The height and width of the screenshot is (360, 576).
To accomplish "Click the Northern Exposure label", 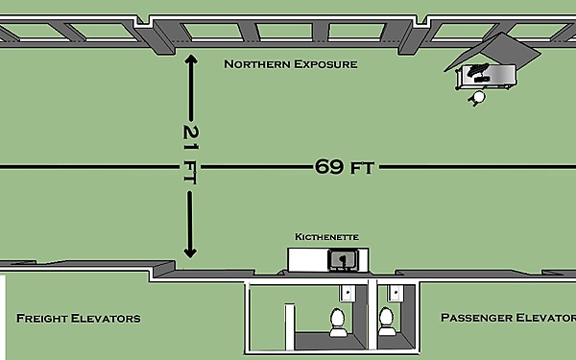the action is tap(291, 64).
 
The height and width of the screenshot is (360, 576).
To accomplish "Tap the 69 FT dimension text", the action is tap(345, 167).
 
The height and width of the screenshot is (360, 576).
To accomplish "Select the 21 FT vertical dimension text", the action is tap(190, 154).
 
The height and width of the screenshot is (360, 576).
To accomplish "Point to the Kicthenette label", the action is tap(326, 237).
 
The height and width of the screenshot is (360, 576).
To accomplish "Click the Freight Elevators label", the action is tap(79, 318).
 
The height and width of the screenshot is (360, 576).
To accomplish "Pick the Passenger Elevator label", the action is tap(508, 318).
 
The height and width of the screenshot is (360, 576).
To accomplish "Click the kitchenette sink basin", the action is tap(343, 260).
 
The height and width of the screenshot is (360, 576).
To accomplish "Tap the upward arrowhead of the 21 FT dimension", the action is tap(191, 60).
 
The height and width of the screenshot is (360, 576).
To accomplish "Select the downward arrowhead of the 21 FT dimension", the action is tap(190, 252).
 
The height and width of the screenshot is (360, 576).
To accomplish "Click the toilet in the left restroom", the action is tap(338, 323).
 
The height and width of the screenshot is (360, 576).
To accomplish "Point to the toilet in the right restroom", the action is tap(387, 322).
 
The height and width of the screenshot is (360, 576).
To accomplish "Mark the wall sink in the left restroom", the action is tap(348, 293).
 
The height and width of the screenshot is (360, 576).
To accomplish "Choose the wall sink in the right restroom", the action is tap(396, 293).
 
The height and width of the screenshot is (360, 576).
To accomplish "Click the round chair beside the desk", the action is tap(478, 97).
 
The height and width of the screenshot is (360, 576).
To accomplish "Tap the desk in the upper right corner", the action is tap(486, 77).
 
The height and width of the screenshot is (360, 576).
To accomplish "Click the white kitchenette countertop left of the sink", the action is tap(308, 260).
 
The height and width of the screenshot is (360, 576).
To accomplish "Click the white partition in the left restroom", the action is tap(290, 326).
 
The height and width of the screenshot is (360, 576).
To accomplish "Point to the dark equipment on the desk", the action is tap(477, 72).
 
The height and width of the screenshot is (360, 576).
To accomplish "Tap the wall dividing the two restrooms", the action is tap(372, 315).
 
